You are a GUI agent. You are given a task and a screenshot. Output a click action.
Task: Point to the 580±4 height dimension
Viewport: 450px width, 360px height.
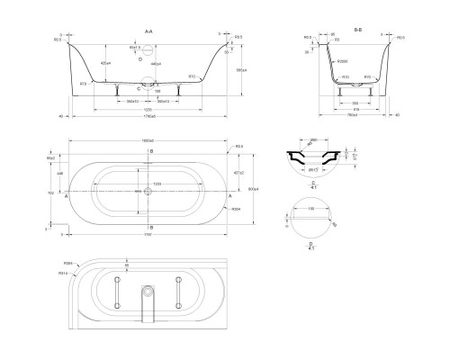click(239, 69)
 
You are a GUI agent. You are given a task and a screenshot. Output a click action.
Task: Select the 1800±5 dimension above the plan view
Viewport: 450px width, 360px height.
click(149, 141)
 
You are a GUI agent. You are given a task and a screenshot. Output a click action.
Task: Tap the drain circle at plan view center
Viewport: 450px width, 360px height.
click(149, 192)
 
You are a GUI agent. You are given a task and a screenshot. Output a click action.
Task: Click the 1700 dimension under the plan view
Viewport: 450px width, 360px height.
click(149, 235)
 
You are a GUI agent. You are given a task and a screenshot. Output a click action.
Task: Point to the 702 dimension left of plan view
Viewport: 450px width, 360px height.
click(50, 192)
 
